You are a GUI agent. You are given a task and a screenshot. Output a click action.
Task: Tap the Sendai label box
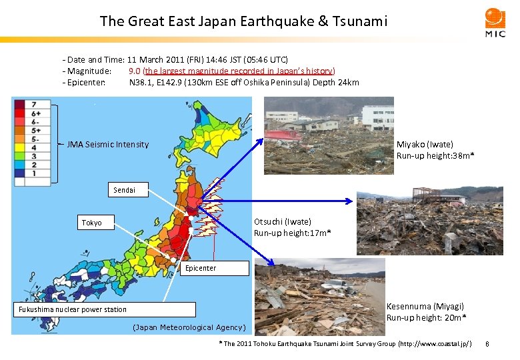coord(124,190)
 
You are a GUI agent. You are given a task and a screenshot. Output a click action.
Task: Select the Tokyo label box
coord(93,222)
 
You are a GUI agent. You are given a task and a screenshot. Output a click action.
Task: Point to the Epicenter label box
coord(201,268)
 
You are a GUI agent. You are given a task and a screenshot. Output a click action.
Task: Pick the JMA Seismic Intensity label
coord(108,145)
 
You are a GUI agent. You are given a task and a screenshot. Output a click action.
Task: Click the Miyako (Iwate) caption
coord(435,150)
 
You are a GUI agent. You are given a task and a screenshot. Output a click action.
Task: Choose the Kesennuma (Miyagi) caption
coord(426,311)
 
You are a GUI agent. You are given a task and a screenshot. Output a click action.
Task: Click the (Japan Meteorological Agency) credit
coord(189,327)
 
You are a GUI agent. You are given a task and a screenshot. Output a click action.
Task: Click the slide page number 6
coord(488,344)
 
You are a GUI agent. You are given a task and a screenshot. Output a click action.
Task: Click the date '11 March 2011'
coord(159,60)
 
